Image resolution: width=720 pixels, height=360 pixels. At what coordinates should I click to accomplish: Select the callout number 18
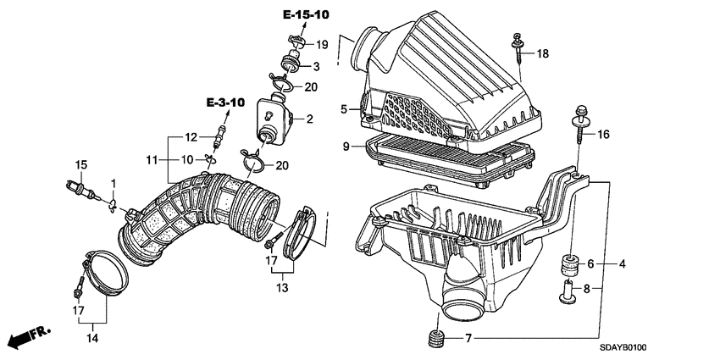pyautogui.click(x=543, y=53)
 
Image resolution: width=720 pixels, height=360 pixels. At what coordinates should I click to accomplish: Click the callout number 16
pyautogui.click(x=603, y=135)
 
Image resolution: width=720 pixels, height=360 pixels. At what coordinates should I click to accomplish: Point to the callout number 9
pyautogui.click(x=346, y=147)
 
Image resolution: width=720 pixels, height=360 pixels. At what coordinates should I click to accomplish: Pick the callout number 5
pyautogui.click(x=346, y=108)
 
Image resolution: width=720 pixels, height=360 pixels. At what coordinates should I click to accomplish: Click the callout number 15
pyautogui.click(x=82, y=163)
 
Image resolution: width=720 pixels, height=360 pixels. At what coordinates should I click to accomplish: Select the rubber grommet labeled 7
pyautogui.click(x=437, y=340)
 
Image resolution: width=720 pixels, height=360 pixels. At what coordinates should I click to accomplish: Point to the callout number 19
pyautogui.click(x=322, y=44)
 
